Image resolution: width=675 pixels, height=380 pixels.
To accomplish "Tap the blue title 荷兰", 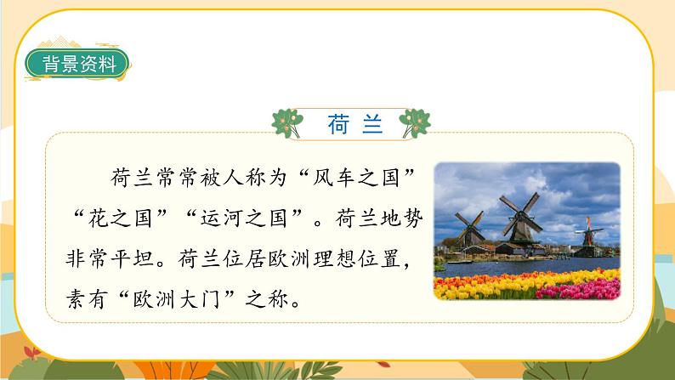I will pyautogui.click(x=355, y=124).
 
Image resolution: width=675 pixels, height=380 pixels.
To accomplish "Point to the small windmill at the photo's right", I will pyautogui.click(x=586, y=235).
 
